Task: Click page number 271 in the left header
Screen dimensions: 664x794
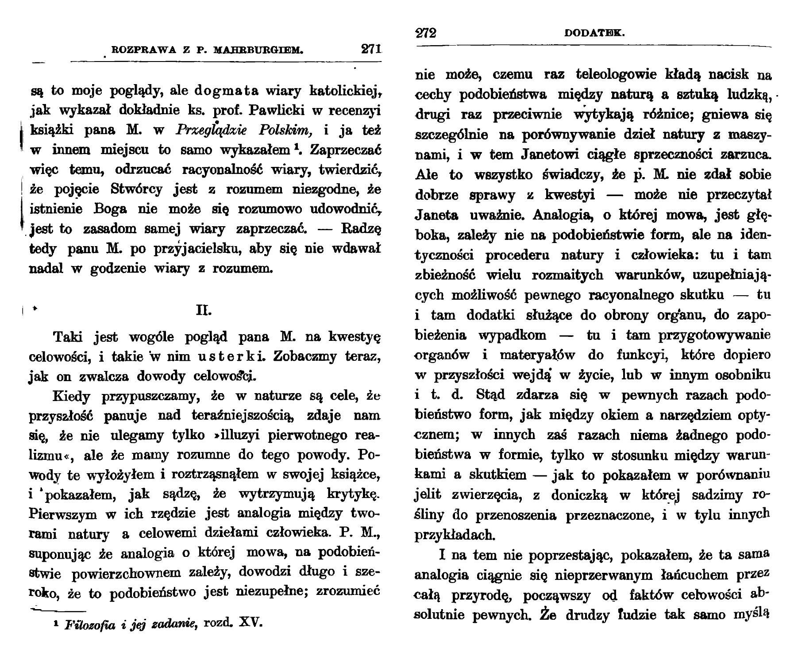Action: point(371,49)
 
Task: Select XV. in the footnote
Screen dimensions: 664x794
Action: point(251,624)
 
